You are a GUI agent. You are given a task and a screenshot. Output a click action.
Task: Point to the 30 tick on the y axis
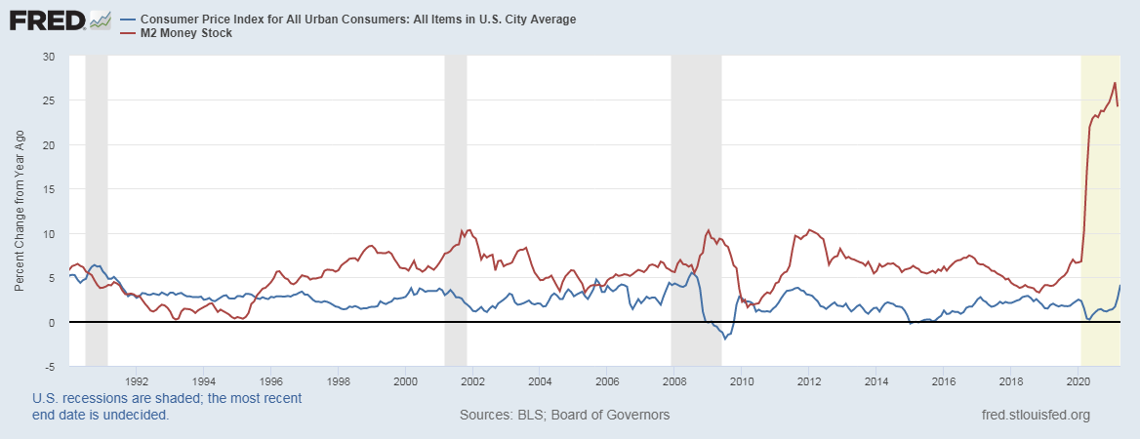48,57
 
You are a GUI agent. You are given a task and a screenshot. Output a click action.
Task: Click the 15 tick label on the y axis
48,189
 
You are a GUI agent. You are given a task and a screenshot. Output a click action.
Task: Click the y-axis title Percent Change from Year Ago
20,212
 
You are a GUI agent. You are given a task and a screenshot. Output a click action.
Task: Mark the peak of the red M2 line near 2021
1115,83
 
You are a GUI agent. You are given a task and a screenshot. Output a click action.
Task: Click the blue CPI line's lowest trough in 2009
724,339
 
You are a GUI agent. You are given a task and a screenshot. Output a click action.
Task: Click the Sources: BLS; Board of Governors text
564,415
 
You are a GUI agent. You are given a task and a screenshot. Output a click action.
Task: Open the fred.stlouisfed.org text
1035,415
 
